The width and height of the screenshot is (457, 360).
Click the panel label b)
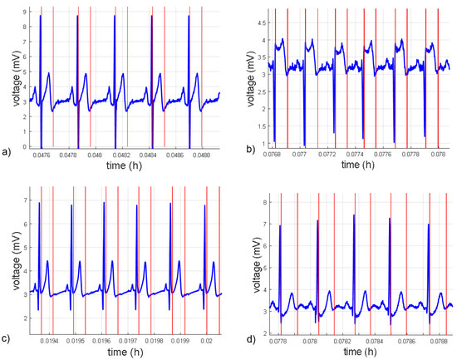point(236,151)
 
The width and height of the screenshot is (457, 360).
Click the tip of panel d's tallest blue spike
point(354,215)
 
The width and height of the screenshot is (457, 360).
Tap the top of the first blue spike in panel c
point(39,203)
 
